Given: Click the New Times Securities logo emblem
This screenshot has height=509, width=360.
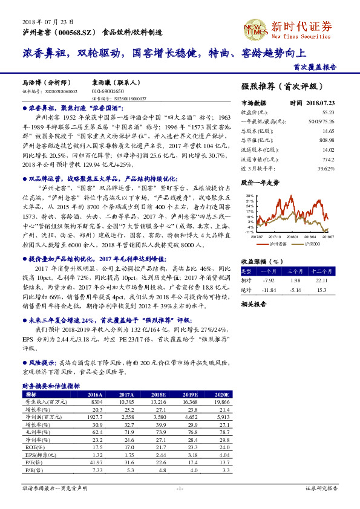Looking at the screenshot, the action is pos(257,28).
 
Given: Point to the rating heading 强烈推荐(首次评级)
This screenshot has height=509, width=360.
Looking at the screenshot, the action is pos(281,86).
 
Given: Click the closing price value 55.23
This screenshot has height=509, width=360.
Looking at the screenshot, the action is pos(328,112).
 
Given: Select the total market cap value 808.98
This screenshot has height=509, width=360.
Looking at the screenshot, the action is pos(327,138).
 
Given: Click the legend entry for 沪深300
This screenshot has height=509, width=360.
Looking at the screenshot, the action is pos(310,243).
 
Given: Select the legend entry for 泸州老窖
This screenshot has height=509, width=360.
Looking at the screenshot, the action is pos(278,243).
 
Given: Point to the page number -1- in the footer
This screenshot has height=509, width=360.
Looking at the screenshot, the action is pos(180,487).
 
